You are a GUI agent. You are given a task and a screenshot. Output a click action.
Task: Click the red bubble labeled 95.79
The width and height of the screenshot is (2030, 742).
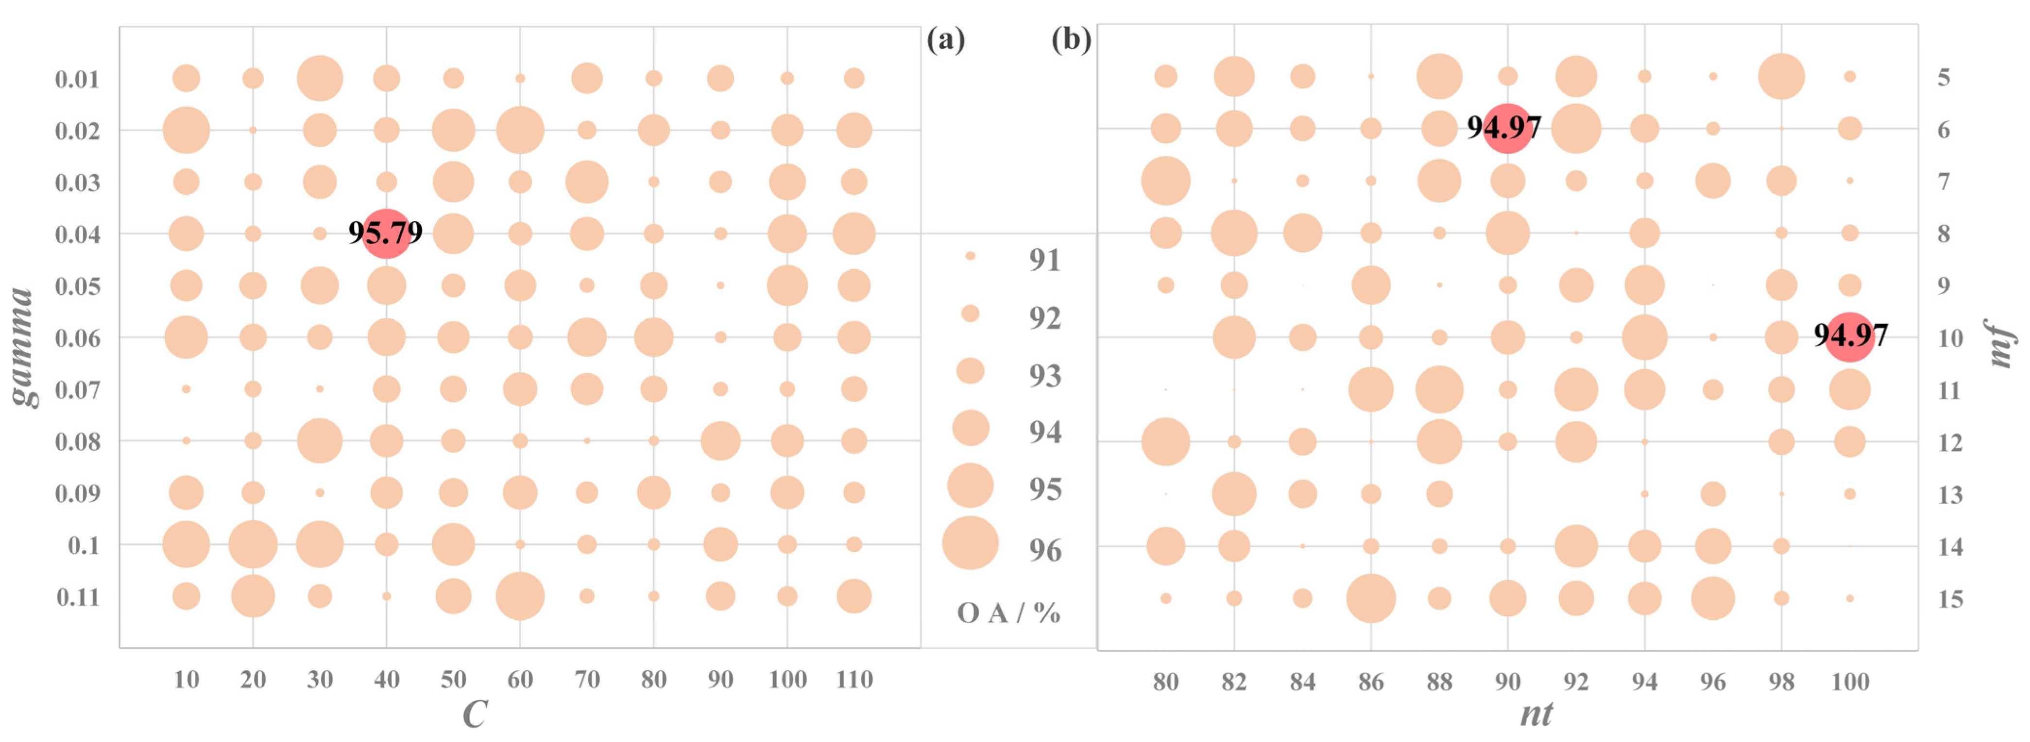point(386,233)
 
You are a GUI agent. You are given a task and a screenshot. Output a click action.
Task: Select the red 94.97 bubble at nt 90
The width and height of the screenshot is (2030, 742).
point(1507,128)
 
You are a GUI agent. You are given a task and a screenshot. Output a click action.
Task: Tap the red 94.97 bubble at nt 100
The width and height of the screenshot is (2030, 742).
point(1849,337)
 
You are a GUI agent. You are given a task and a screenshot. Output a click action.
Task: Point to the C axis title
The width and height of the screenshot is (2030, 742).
point(475,714)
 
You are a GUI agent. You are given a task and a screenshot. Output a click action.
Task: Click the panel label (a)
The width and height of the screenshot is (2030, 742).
point(946,39)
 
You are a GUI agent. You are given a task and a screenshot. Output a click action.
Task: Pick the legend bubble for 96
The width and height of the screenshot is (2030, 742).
point(970,543)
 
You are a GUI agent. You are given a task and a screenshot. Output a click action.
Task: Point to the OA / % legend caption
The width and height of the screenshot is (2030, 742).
point(1009,613)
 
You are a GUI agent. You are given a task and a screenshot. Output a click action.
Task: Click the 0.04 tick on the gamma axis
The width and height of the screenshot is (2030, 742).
point(77,234)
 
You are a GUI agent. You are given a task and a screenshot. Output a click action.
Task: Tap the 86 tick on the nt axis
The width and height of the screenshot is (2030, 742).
point(1371,681)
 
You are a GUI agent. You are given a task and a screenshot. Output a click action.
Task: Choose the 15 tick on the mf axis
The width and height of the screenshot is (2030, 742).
point(1950,599)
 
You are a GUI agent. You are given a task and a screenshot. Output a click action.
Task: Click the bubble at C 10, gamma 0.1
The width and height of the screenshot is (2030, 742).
point(186,544)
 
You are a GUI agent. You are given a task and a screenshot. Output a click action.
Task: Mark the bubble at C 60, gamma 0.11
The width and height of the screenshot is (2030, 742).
point(520,596)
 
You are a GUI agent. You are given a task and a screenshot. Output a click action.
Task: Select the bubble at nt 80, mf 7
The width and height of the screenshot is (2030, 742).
point(1165,181)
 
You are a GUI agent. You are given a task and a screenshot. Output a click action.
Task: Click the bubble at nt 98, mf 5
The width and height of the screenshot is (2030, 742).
point(1781,76)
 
